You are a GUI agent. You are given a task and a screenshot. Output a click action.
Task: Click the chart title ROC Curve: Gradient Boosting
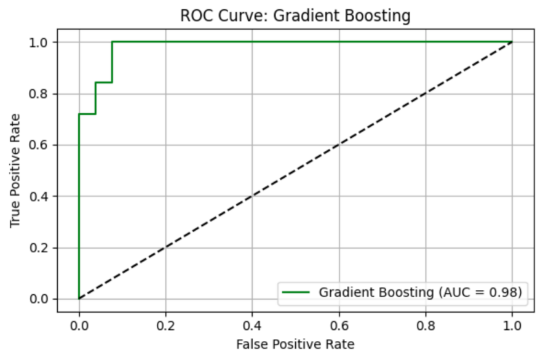pyautogui.click(x=295, y=15)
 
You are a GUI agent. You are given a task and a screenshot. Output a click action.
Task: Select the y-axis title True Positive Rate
pyautogui.click(x=16, y=170)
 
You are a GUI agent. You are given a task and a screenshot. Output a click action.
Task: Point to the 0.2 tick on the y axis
pyautogui.click(x=42, y=248)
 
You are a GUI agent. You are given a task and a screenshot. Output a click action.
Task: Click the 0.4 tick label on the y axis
pyautogui.click(x=42, y=196)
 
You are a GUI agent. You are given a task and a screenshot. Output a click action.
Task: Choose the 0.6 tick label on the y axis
pyautogui.click(x=42, y=145)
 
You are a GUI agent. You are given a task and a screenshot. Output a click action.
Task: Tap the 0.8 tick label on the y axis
pyautogui.click(x=42, y=94)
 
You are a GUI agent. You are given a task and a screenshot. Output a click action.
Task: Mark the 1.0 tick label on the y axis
pyautogui.click(x=42, y=42)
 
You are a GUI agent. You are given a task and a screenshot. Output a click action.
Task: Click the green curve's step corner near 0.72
pyautogui.click(x=79, y=114)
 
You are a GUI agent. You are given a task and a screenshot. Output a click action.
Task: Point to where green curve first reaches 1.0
pyautogui.click(x=112, y=42)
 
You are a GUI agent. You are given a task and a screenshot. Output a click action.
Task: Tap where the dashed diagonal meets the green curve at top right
pyautogui.click(x=512, y=42)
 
